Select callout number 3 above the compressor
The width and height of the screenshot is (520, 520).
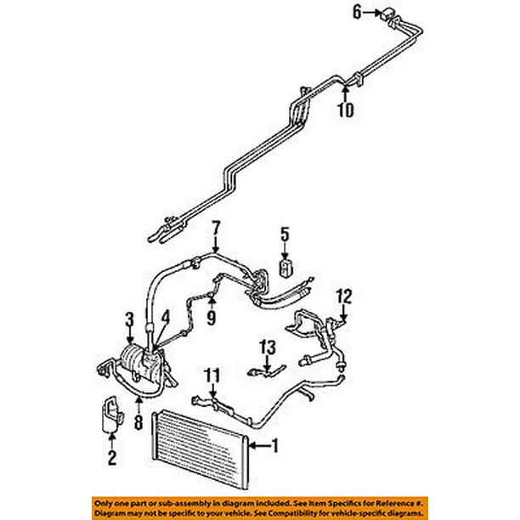coord(130,319)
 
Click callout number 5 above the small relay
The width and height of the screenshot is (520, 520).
coord(285,233)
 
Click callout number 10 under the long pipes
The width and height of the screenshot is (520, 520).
coord(343,110)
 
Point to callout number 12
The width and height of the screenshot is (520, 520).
coord(342,297)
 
